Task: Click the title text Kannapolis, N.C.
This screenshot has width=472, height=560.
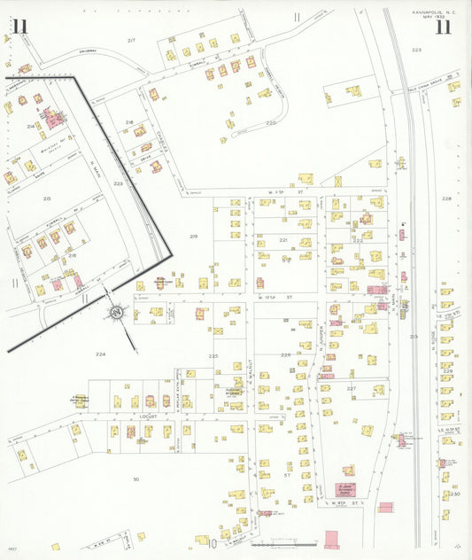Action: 431,12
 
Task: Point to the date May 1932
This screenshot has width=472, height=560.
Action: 431,17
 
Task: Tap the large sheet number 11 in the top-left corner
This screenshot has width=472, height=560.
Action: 19,27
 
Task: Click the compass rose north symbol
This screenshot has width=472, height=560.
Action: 115,312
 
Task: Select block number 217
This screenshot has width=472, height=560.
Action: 131,41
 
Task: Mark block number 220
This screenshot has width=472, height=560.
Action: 271,122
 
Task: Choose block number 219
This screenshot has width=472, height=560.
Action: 193,236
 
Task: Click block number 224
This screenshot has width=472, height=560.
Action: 101,354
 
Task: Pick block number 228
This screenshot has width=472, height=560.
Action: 446,198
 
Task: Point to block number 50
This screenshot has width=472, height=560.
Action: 136,478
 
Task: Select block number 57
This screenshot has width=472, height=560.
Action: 287,475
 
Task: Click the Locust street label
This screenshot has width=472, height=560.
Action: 148,415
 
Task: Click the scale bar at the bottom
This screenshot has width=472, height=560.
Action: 283,541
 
